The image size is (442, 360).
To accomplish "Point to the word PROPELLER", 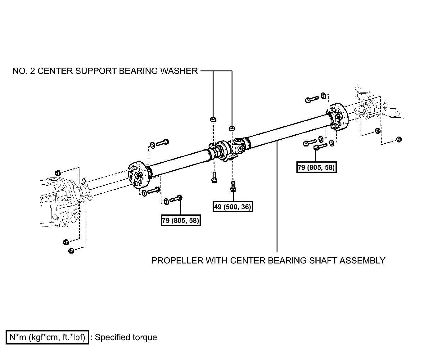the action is click(177, 260).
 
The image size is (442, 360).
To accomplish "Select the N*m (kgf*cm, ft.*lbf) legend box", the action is click(47, 337).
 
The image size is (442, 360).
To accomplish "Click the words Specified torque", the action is click(126, 337).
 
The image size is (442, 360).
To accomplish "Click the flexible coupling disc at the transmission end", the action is click(139, 175).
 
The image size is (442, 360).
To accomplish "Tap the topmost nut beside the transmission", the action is click(58, 173).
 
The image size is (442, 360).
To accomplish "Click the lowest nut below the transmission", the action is click(71, 251).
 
